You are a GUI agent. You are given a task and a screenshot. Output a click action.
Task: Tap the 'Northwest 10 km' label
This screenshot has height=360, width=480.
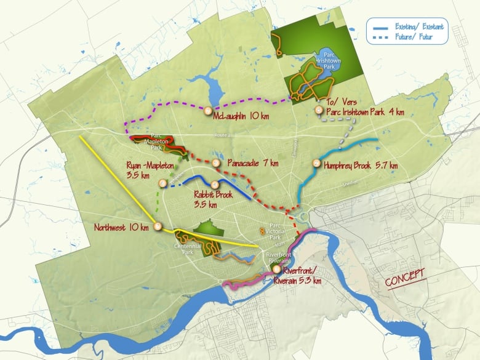click(121, 227)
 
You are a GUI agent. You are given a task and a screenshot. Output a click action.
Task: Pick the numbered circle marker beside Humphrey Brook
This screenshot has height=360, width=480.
click(316, 164)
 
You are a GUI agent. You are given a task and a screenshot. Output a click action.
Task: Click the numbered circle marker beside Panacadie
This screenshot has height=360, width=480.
click(216, 163)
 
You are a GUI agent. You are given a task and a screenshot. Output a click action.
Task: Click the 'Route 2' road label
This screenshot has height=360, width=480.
click(220, 135)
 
